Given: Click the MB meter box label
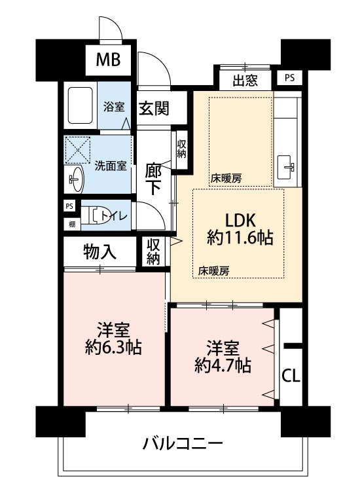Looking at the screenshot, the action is [108, 60].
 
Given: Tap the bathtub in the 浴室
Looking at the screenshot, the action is [81, 106].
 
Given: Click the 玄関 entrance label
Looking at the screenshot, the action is [154, 108].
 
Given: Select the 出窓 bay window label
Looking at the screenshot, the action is [245, 81].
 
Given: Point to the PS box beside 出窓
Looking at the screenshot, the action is [289, 78].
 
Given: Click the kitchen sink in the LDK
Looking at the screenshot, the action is [286, 167].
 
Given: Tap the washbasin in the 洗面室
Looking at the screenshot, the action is [75, 179].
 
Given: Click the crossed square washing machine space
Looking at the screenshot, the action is [77, 151].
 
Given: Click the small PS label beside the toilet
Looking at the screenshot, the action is [69, 206].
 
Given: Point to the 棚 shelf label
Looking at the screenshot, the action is [72, 224].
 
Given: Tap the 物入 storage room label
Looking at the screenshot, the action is [100, 251].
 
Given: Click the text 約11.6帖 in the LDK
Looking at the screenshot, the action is [240, 238].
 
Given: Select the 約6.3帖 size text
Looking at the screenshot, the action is [113, 347].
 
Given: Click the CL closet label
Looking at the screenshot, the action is [291, 376].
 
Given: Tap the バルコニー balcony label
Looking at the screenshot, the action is [183, 443].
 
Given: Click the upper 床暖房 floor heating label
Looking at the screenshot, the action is [226, 179].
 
